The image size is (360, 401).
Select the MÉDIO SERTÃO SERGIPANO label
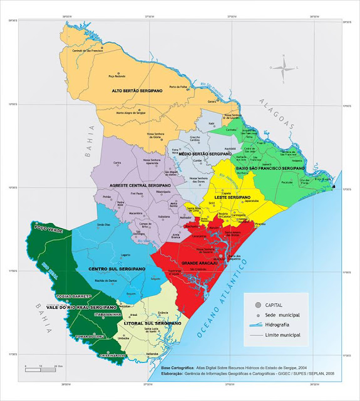click(205, 154)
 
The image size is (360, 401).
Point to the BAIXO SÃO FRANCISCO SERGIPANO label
click(270, 169)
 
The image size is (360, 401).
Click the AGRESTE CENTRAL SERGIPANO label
click(140, 186)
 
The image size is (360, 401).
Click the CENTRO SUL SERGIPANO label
click(117, 268)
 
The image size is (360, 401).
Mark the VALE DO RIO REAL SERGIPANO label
click(87, 308)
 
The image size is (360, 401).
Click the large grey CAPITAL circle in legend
click(249, 303)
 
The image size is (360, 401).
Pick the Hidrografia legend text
click(280, 325)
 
